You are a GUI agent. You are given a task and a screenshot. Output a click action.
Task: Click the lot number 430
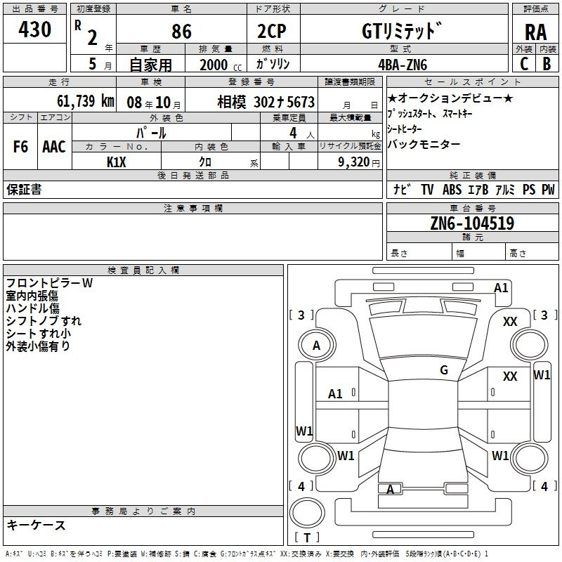34,29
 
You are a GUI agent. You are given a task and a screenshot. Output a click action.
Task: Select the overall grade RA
535,32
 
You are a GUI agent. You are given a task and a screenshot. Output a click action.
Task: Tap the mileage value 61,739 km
86,100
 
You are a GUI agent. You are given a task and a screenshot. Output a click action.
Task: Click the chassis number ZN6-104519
472,223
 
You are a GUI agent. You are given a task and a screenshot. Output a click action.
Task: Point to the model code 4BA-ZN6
403,65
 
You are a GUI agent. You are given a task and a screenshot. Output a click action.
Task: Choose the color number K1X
116,162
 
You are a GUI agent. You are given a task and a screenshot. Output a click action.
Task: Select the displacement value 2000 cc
221,65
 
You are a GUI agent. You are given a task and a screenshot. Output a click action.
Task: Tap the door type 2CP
272,31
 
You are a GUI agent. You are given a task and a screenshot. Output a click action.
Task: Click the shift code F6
20,147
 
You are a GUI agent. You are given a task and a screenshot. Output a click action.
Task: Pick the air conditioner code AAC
54,147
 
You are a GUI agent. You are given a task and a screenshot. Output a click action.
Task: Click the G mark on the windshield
444,370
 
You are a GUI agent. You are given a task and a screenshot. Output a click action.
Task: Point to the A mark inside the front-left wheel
316,346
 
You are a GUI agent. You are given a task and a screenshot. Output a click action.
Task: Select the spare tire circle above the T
307,513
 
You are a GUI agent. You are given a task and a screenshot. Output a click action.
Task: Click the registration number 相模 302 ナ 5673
266,102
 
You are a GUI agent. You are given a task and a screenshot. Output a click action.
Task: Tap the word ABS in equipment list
452,189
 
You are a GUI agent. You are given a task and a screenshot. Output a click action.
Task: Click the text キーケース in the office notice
37,525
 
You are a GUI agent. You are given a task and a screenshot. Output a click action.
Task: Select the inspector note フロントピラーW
49,283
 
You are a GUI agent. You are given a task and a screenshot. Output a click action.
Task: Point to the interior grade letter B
547,64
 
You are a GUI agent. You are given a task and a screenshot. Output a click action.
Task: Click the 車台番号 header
473,208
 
